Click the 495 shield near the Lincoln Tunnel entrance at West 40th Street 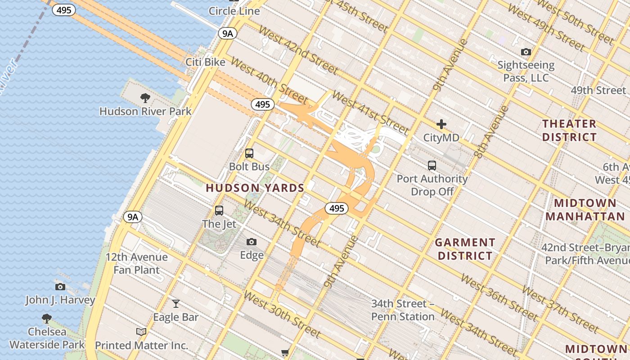point(262,104)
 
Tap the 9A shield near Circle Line point(228,33)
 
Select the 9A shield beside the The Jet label point(133,217)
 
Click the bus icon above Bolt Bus point(249,153)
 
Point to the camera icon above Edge point(252,242)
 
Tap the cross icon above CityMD point(441,124)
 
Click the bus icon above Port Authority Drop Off point(432,166)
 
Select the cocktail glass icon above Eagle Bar point(176,304)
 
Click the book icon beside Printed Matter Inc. point(141,332)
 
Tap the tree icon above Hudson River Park point(145,98)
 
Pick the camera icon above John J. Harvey point(60,287)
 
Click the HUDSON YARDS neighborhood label point(255,188)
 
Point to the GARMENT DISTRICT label point(465,249)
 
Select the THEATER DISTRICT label point(569,130)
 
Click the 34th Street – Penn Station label point(403,310)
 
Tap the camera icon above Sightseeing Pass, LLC point(526,52)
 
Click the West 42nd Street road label point(298,51)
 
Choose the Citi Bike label point(205,62)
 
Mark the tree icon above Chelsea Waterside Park point(47,319)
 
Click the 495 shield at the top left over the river point(64,9)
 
